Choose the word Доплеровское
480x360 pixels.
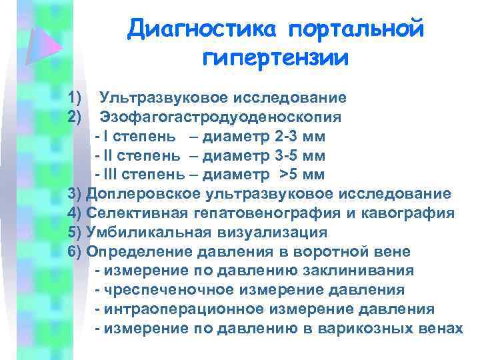(x=143, y=195)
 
